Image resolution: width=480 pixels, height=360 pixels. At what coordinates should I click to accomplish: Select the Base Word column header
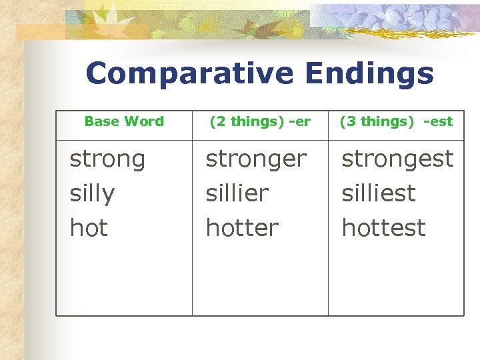[x=124, y=121]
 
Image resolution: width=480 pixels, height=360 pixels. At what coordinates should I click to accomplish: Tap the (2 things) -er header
[x=260, y=121]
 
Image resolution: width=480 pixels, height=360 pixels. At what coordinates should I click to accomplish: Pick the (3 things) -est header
[x=396, y=121]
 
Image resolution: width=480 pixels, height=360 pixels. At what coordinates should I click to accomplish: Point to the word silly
[x=92, y=194]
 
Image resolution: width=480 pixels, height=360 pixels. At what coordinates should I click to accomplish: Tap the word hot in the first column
[x=89, y=228]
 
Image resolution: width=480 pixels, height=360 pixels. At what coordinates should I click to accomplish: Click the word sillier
[x=237, y=194]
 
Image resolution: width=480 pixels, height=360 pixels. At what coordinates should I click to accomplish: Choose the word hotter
[x=242, y=228]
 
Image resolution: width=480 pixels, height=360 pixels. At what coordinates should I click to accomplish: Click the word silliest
[x=378, y=194]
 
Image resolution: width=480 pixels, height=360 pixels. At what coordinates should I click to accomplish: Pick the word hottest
[x=383, y=228]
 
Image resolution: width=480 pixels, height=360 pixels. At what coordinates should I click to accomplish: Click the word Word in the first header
[x=147, y=121]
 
